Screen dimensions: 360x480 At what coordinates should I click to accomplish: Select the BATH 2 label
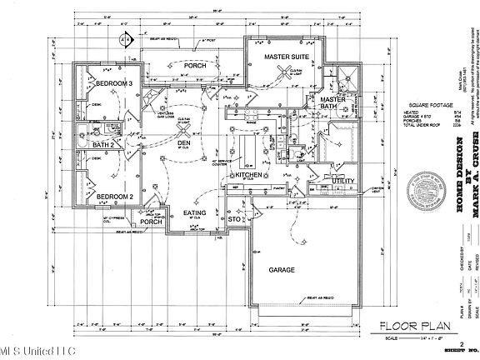click(102, 146)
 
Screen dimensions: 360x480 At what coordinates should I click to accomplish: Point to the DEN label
click(184, 143)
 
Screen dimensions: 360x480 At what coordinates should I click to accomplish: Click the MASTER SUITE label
click(287, 57)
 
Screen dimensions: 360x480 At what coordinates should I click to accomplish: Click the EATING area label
click(194, 214)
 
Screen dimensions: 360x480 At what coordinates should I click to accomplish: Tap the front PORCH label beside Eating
click(150, 222)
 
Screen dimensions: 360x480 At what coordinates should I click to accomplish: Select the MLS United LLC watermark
click(30, 350)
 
